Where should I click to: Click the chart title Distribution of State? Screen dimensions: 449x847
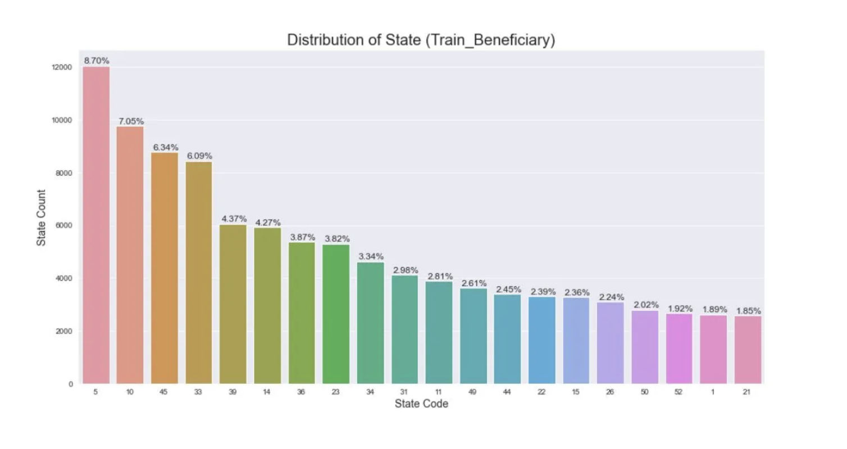[x=421, y=40]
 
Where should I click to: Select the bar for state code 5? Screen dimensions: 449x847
[x=96, y=224]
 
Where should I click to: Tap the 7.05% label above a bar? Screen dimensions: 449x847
[x=131, y=121]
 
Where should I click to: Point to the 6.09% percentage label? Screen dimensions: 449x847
[x=199, y=156]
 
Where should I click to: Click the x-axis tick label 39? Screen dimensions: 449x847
[x=233, y=392]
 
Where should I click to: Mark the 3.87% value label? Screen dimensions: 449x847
[x=302, y=237]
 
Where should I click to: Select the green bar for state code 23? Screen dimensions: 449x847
[x=336, y=314]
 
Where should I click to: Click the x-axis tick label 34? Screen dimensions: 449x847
[x=370, y=392]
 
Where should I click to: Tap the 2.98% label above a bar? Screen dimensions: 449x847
[x=405, y=271]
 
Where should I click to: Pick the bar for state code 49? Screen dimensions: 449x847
[x=473, y=337]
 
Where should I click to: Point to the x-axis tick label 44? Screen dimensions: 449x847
[x=507, y=392]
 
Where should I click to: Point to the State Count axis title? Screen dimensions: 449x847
[x=41, y=217]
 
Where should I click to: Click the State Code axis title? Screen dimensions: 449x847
[x=421, y=404]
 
